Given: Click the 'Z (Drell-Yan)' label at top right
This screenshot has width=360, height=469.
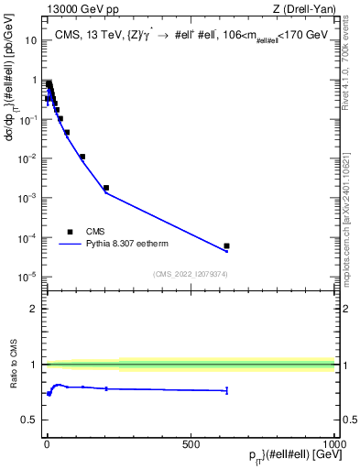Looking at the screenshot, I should (x=304, y=10).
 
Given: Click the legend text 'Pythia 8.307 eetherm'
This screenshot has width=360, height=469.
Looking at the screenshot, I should (x=129, y=245).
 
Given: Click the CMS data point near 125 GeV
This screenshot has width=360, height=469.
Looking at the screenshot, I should (x=82, y=157).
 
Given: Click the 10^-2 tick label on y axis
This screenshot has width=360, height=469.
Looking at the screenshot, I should (x=29, y=158).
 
